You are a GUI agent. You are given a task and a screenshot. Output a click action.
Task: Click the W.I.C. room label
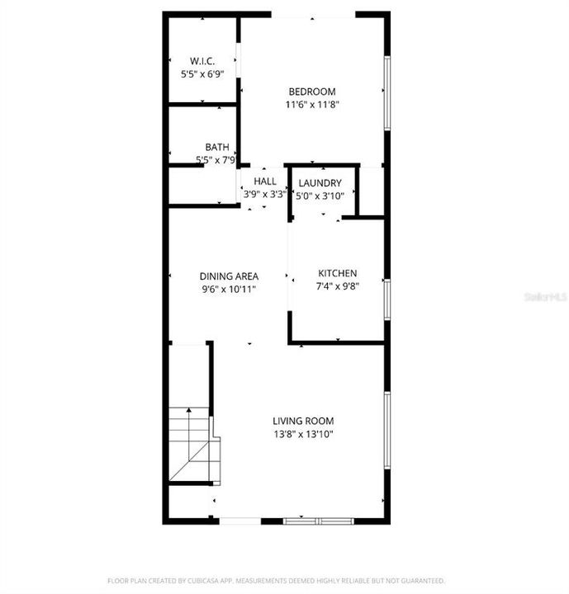(202, 60)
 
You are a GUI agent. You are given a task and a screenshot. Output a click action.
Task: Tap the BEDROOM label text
(312, 91)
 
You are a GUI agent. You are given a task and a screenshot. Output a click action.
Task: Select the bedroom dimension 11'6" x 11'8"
(313, 105)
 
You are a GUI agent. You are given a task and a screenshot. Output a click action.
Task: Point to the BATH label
(217, 147)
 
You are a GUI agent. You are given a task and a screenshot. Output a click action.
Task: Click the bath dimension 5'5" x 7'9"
(216, 160)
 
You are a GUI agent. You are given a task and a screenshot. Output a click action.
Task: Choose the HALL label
(265, 181)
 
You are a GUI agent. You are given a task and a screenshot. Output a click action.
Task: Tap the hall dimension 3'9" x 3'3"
(265, 195)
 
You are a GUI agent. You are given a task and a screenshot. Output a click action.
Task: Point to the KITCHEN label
(338, 274)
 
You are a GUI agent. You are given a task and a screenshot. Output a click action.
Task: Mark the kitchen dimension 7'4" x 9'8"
(338, 287)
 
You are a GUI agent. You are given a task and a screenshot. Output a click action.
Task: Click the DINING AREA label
(230, 276)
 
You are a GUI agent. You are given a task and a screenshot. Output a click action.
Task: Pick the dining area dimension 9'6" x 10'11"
(230, 290)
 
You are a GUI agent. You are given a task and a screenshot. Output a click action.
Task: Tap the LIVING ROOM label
(303, 421)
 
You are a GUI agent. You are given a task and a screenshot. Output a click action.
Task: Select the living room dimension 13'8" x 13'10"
(303, 434)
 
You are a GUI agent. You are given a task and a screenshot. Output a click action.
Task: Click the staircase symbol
(192, 445)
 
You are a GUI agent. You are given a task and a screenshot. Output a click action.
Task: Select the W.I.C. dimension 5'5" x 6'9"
(202, 73)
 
